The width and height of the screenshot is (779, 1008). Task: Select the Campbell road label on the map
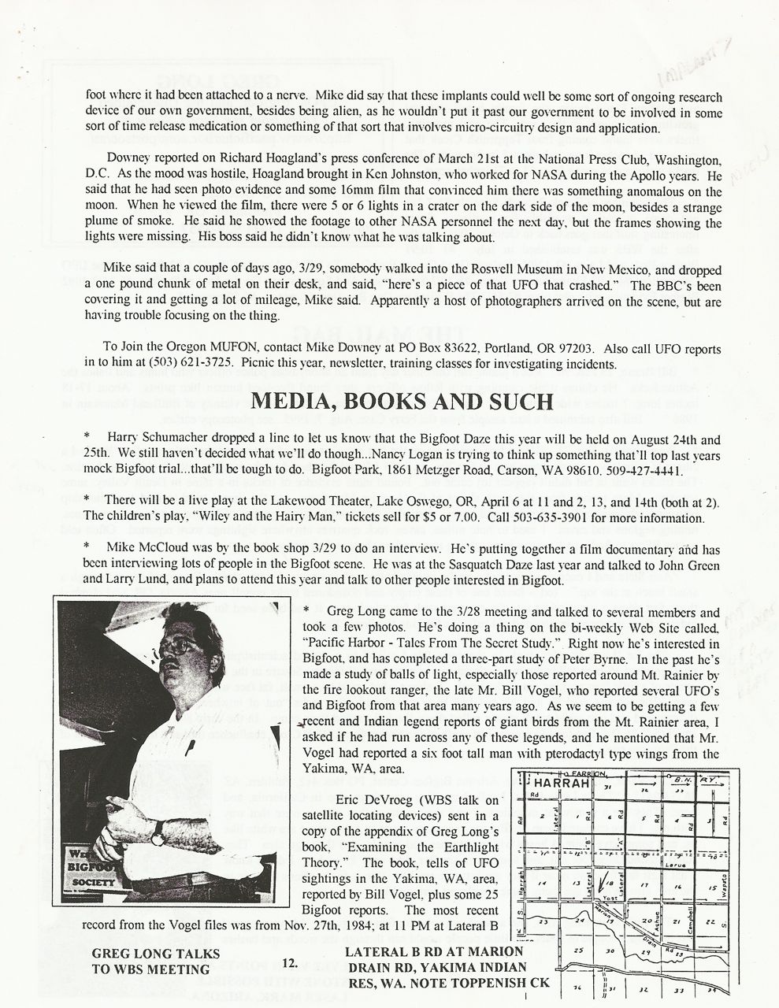tap(690, 914)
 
